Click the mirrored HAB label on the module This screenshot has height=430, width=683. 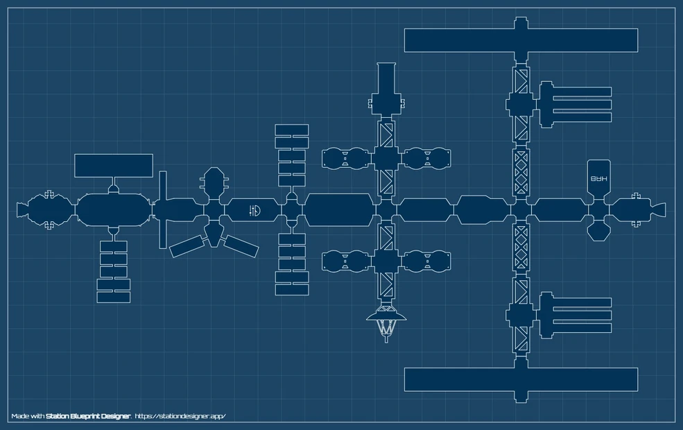point(598,178)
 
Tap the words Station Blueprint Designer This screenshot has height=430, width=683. point(87,416)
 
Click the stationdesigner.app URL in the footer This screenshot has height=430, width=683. point(180,416)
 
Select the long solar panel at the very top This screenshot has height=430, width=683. point(521,40)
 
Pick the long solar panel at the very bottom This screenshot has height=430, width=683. point(521,379)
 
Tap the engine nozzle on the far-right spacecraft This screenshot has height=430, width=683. point(659,209)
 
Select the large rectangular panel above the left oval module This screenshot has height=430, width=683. point(113,166)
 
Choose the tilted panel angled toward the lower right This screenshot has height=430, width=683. point(241,245)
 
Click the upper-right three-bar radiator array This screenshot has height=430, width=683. point(574,104)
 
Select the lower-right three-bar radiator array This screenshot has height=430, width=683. point(574,316)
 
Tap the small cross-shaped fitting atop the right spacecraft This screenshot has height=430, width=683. point(635,196)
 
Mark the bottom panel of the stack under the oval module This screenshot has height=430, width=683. point(113,297)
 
